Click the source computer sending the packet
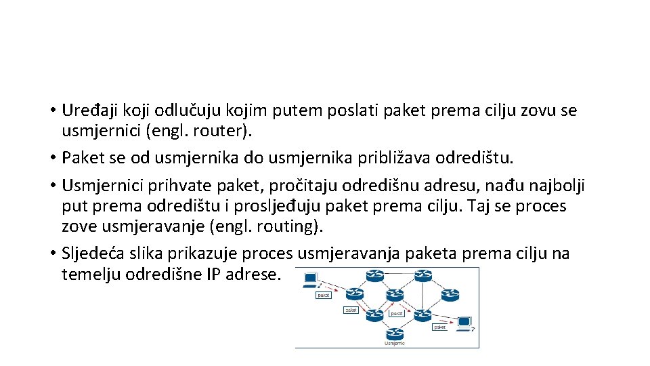(x=311, y=279)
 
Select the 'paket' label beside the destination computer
(x=440, y=327)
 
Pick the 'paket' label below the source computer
(x=324, y=295)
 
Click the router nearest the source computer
(x=374, y=276)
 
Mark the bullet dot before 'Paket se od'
(x=52, y=159)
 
